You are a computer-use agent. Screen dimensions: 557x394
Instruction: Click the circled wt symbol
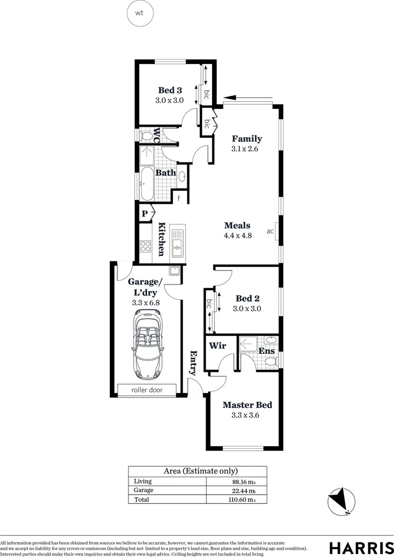click(139, 13)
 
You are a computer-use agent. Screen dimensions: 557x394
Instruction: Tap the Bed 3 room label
click(170, 90)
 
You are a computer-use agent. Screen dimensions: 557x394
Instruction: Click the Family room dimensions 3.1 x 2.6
click(244, 149)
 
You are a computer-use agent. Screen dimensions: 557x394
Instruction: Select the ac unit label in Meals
click(270, 231)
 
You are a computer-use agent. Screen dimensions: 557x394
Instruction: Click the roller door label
click(147, 390)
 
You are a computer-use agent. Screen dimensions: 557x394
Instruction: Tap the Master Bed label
click(247, 405)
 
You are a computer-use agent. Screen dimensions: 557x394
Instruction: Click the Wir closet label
click(217, 346)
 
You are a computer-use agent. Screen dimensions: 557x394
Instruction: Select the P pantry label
click(145, 213)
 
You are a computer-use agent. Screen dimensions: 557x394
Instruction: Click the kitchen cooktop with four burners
click(145, 247)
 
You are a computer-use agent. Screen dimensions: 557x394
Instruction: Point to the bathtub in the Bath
click(146, 184)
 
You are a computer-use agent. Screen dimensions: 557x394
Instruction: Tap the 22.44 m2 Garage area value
click(243, 490)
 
